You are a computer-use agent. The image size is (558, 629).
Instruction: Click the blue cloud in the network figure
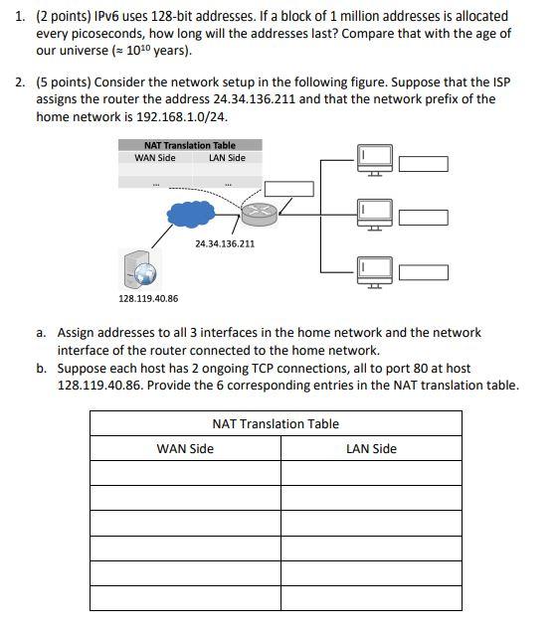point(194,213)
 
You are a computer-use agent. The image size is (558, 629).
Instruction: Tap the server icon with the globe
point(139,267)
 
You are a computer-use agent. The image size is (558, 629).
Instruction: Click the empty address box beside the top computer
point(424,164)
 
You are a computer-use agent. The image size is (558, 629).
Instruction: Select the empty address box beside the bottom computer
point(424,272)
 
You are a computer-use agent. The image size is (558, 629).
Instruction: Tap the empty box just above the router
point(288,189)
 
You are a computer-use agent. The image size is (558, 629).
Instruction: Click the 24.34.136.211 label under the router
point(225,243)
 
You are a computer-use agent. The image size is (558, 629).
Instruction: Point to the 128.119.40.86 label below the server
point(148,298)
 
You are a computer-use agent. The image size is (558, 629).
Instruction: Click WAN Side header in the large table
point(185,449)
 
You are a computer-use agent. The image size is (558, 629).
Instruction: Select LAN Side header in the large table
point(371,449)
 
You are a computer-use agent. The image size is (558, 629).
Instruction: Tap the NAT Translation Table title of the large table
point(276,424)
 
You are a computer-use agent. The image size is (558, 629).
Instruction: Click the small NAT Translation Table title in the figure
point(190,145)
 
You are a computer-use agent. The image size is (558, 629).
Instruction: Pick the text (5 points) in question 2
point(64,81)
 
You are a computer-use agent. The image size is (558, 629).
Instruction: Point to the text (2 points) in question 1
point(64,16)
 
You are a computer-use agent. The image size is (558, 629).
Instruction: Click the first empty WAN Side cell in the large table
point(185,473)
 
